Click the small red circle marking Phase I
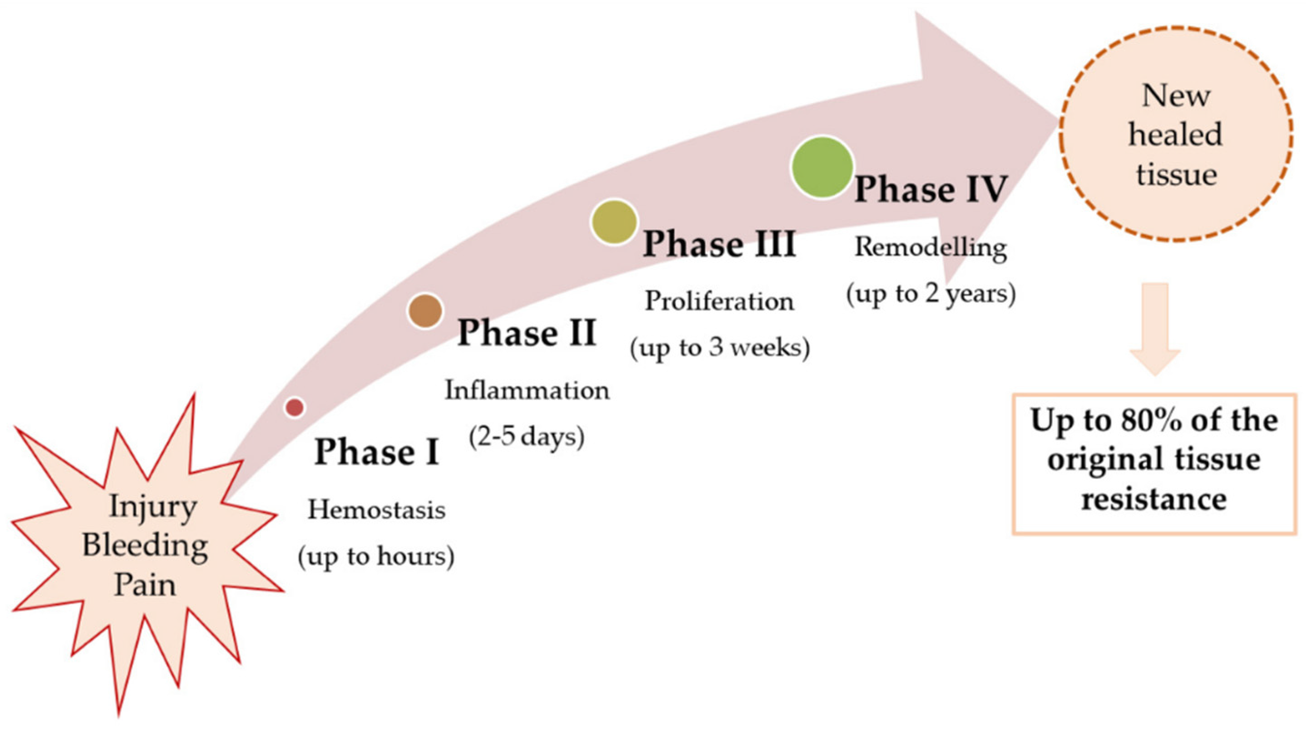[x=295, y=407]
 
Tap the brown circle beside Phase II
[x=425, y=310]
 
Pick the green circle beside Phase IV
[x=822, y=167]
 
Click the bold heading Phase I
[x=377, y=452]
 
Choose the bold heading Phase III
[x=719, y=244]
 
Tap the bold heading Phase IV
[x=930, y=190]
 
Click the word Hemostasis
[x=377, y=510]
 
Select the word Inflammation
[x=527, y=391]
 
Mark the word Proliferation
[x=719, y=302]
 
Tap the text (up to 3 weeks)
[x=720, y=348]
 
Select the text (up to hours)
[x=376, y=556]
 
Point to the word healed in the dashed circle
[x=1175, y=135]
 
